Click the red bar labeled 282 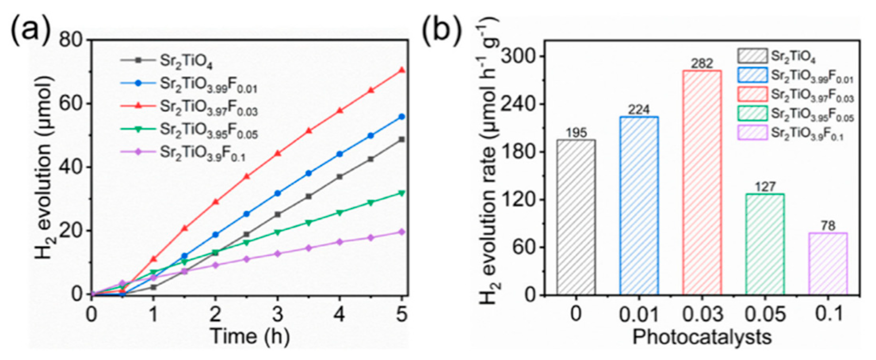click(x=702, y=182)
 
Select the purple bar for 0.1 click(x=828, y=264)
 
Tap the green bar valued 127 click(x=765, y=244)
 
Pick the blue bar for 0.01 click(x=639, y=206)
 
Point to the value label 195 click(x=576, y=133)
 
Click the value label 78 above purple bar click(x=828, y=226)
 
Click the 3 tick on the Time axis click(x=277, y=315)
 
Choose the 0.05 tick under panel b click(x=765, y=315)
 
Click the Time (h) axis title click(x=250, y=337)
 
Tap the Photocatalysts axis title click(x=702, y=337)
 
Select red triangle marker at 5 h click(x=402, y=70)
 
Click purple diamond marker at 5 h click(x=402, y=232)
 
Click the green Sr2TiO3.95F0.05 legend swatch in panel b click(x=752, y=114)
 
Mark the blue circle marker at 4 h click(x=340, y=154)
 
